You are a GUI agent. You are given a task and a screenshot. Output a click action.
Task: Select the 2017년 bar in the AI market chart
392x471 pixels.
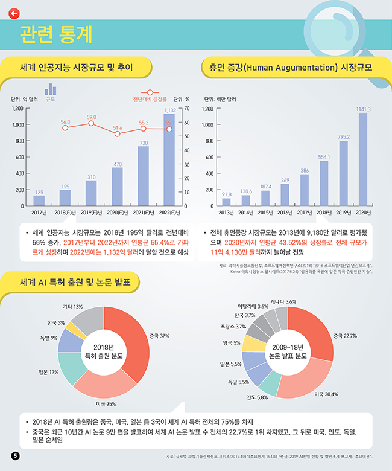tap(39, 200)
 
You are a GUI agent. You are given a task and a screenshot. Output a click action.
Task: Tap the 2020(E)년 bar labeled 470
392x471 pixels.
tap(117, 187)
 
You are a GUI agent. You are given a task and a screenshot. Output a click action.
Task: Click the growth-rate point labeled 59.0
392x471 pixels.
tap(91, 123)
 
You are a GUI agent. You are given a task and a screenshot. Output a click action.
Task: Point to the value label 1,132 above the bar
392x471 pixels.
tap(169, 111)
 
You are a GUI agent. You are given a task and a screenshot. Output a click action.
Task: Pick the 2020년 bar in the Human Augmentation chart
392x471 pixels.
tap(363, 159)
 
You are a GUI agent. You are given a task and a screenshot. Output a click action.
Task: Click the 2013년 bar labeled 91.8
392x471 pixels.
tap(227, 202)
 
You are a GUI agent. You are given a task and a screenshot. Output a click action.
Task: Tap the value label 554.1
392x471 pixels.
tap(324, 156)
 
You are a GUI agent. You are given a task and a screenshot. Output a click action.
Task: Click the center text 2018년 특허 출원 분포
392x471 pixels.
tap(104, 351)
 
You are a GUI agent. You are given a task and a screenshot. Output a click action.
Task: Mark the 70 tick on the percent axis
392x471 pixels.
tap(187, 109)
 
